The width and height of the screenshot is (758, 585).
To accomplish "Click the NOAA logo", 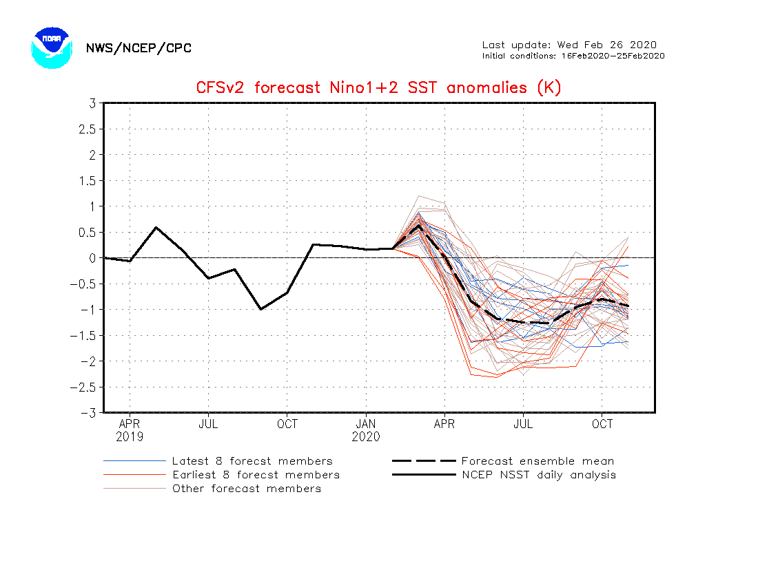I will point(52,47).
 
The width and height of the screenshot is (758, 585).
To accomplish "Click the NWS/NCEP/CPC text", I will point(139,48).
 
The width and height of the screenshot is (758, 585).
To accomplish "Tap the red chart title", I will point(378,88).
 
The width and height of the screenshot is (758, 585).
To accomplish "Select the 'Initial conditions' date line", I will point(573,56).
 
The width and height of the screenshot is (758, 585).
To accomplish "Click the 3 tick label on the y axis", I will point(91,103).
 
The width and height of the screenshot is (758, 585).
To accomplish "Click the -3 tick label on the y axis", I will point(88,413).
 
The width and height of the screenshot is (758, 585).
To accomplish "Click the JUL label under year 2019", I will point(208,424).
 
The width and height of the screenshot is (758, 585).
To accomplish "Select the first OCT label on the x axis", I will point(287,424).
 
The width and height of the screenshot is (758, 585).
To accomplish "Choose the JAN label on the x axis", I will point(366,424).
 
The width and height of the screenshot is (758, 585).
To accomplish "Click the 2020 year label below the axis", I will point(366,437).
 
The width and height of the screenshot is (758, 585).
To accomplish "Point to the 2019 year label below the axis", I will point(130,437).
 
